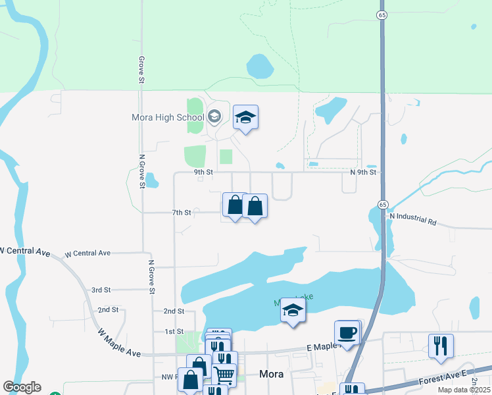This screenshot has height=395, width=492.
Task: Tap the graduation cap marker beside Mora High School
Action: coord(245,118)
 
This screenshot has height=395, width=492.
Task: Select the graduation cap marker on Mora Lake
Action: coord(293,311)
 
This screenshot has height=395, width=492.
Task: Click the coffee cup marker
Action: coord(347,333)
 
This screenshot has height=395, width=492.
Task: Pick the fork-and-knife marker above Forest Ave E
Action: coord(441,346)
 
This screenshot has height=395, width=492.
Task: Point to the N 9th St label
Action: coord(362,172)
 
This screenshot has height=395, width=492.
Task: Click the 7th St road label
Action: coord(182,213)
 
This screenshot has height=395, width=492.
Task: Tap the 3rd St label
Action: coord(101,290)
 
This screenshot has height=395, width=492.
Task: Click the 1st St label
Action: coord(174,331)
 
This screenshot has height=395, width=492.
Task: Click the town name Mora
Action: coord(272,374)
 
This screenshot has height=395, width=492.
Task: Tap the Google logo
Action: coord(22,387)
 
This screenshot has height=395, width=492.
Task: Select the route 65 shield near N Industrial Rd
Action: coord(383,205)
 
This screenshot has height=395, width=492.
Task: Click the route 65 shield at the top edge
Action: coord(381,14)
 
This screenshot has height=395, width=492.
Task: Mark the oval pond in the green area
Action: coord(260,66)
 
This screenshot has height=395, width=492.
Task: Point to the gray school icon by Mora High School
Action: coord(214,117)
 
